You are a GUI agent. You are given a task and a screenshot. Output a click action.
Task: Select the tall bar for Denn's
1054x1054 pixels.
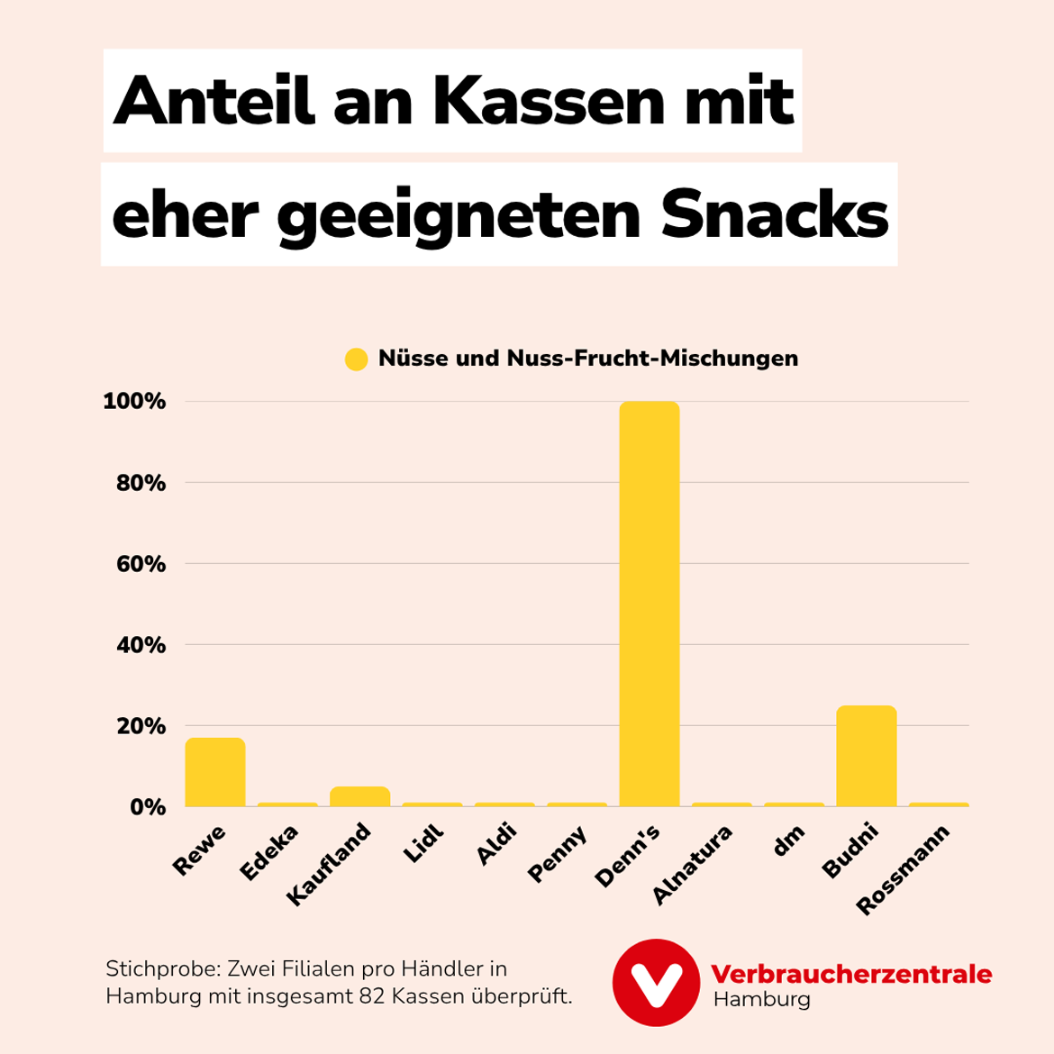(649, 604)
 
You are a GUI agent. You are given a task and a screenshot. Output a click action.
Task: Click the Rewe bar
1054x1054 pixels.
(214, 773)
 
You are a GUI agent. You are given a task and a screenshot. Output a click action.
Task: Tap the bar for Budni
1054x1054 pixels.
(866, 757)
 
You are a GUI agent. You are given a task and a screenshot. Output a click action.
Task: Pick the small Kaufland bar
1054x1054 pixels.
(359, 797)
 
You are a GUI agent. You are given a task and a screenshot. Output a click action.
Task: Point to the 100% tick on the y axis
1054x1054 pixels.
(134, 402)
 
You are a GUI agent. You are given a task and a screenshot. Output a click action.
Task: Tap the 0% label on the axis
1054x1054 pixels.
(147, 807)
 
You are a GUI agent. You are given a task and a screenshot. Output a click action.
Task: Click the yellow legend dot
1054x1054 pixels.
(357, 359)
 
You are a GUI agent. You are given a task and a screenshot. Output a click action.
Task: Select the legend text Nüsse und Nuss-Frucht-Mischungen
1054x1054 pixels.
(587, 359)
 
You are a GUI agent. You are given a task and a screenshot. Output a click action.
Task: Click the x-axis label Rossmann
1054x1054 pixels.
(903, 870)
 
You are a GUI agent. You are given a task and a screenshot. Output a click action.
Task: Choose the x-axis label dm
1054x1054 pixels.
(789, 843)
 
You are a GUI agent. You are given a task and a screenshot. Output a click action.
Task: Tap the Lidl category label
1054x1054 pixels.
(424, 844)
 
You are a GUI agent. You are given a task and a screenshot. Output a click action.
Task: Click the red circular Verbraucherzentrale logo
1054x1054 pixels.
(656, 983)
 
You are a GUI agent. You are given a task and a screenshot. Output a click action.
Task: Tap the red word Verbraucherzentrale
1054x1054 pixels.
(850, 974)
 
